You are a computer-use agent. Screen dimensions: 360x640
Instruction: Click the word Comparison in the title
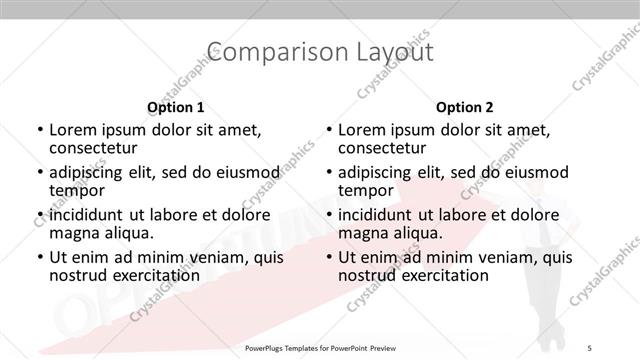(x=257, y=51)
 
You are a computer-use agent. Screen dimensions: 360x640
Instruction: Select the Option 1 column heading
(x=176, y=107)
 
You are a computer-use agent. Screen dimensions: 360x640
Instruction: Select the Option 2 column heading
(x=465, y=107)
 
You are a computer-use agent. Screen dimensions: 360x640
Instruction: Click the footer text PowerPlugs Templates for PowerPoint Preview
(x=320, y=348)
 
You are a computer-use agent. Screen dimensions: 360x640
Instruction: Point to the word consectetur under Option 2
(x=385, y=148)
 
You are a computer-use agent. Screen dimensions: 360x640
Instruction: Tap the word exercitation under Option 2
(x=434, y=275)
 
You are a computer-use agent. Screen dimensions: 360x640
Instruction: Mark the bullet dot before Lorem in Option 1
(x=39, y=130)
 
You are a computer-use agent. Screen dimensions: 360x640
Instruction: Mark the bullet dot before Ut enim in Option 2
(x=329, y=257)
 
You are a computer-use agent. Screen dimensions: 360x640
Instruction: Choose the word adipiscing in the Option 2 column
(x=377, y=172)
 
